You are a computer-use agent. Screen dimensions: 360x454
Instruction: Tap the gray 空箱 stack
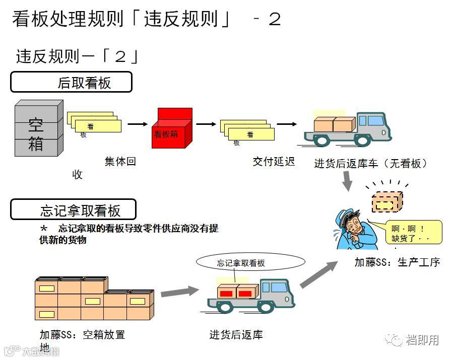(x=38, y=129)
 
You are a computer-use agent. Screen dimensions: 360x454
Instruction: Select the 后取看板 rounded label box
(x=71, y=82)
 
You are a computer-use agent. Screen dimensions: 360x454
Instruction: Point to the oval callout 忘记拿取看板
(x=250, y=262)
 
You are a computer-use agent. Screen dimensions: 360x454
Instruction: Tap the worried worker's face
(x=353, y=224)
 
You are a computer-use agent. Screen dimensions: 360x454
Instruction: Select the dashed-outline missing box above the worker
(x=387, y=202)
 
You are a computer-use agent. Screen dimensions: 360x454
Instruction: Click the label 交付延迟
(x=274, y=162)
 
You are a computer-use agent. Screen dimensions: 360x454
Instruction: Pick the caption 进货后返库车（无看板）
(x=371, y=164)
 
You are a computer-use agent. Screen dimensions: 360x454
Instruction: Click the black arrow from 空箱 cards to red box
(x=137, y=124)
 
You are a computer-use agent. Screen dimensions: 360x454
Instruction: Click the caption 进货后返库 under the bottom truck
(x=236, y=335)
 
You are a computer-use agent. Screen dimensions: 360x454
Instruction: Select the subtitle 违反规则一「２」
(x=77, y=56)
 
